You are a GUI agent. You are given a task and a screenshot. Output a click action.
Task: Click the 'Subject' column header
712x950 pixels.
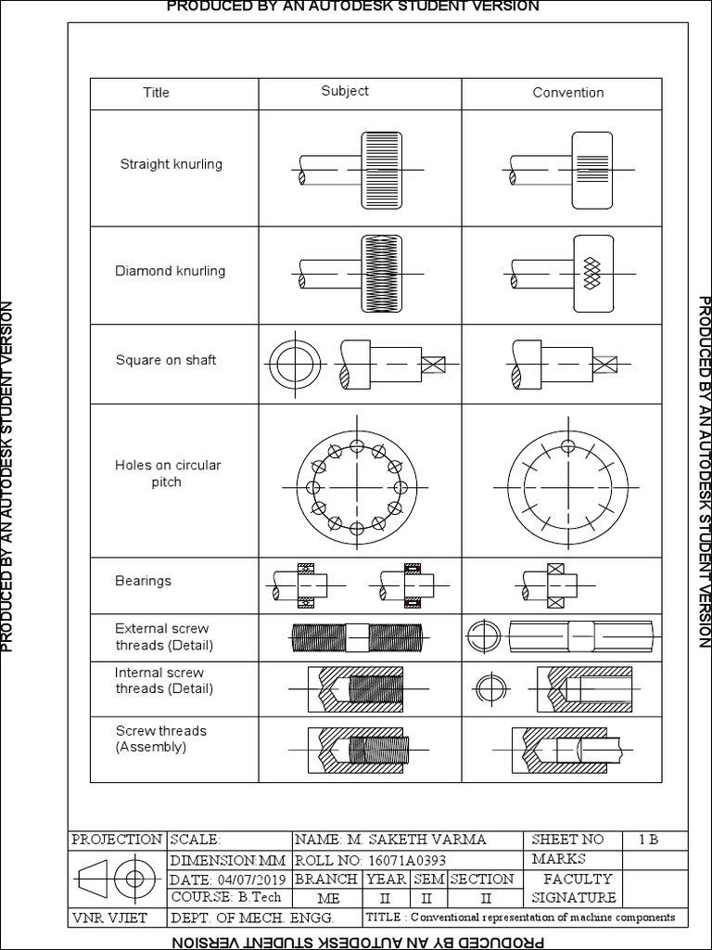pos(345,91)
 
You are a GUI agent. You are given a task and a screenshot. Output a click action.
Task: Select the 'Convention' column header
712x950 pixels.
pos(567,93)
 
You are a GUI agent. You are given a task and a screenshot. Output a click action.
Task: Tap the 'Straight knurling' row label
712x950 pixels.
pos(172,164)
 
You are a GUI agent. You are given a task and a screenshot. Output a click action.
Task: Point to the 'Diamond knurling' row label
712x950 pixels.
pos(170,271)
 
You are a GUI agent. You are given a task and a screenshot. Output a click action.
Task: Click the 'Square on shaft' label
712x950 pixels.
pos(166,360)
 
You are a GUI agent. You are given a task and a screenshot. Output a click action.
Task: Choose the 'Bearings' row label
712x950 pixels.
pos(143,581)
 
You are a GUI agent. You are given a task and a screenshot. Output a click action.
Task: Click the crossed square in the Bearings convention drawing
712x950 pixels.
pos(555,571)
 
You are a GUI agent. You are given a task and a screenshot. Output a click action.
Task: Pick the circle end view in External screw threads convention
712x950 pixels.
pos(484,637)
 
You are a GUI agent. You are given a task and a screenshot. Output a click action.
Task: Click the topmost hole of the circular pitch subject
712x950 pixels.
pos(358,447)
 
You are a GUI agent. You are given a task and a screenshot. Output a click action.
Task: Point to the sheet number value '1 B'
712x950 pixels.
pos(648,840)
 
